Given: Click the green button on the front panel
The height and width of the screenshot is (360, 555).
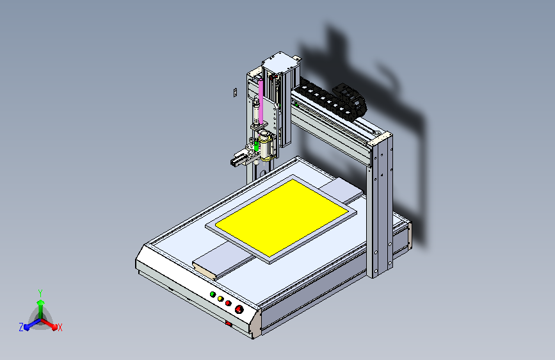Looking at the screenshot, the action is [x=213, y=294].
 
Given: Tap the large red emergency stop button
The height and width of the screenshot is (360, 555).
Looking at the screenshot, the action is [x=239, y=309].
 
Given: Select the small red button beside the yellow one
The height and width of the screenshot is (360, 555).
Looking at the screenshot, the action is [x=229, y=303].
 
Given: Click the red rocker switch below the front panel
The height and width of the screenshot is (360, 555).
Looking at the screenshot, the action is [x=229, y=323].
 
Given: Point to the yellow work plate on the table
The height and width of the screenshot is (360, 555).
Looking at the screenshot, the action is [x=282, y=217].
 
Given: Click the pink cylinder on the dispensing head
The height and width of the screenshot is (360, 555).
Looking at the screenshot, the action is [x=261, y=102].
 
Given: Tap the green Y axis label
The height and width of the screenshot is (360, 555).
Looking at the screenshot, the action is [x=40, y=293].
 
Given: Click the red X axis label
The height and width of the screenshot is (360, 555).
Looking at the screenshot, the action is [x=60, y=328].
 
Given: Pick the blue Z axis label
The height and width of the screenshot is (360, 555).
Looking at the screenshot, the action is [x=21, y=327].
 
